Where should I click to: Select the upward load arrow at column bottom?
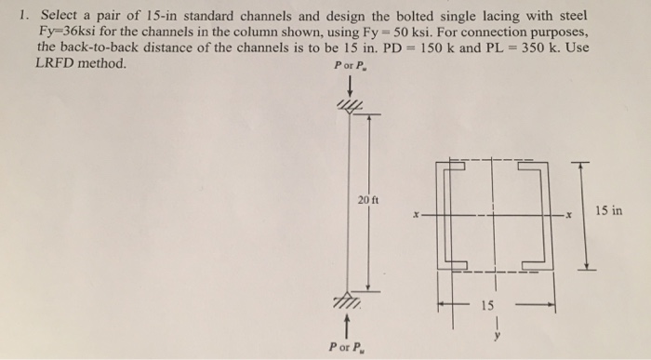click(347, 324)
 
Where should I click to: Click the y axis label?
click(497, 338)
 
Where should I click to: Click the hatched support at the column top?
click(350, 109)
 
